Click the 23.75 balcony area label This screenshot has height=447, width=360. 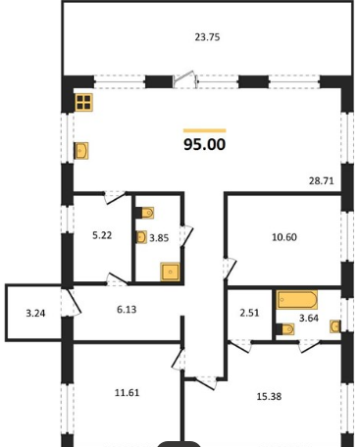point(207,37)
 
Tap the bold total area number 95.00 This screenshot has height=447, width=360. point(205,144)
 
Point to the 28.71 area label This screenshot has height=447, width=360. point(322,180)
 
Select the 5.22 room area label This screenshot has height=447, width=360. point(102,235)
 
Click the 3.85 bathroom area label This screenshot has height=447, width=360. point(159,238)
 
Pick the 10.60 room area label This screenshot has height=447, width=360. point(284,237)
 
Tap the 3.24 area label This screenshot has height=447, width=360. point(35,314)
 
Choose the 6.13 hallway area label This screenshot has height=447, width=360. point(127,309)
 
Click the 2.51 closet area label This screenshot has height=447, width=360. point(249,313)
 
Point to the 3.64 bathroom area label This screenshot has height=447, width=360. point(309,318)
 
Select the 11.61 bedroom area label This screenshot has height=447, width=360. point(127,392)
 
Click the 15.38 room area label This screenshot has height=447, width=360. point(269,396)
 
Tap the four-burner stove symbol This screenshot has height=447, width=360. point(84,102)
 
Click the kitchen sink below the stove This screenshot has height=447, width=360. point(81,151)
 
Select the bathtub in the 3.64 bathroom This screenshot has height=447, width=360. point(297,300)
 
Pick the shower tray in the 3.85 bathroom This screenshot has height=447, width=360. point(170,272)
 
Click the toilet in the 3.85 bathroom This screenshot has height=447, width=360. point(144,213)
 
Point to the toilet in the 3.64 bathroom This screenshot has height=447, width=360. point(284,329)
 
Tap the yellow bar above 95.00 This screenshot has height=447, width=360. point(205,131)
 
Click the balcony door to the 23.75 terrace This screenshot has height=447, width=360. point(185,79)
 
